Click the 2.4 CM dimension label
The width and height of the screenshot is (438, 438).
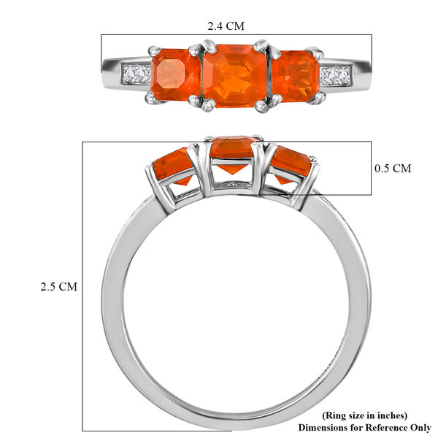(226, 26)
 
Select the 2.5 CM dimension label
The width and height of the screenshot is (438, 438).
(58, 287)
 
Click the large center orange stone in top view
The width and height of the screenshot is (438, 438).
(234, 75)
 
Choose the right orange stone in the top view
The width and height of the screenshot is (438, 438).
(294, 75)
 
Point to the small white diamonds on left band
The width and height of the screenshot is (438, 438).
(137, 74)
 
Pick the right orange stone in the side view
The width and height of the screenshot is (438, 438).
(291, 166)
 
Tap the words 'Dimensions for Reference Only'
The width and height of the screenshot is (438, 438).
(364, 426)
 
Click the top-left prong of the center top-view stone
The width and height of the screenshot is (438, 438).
(196, 50)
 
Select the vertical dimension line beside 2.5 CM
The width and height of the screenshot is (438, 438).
(82, 286)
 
